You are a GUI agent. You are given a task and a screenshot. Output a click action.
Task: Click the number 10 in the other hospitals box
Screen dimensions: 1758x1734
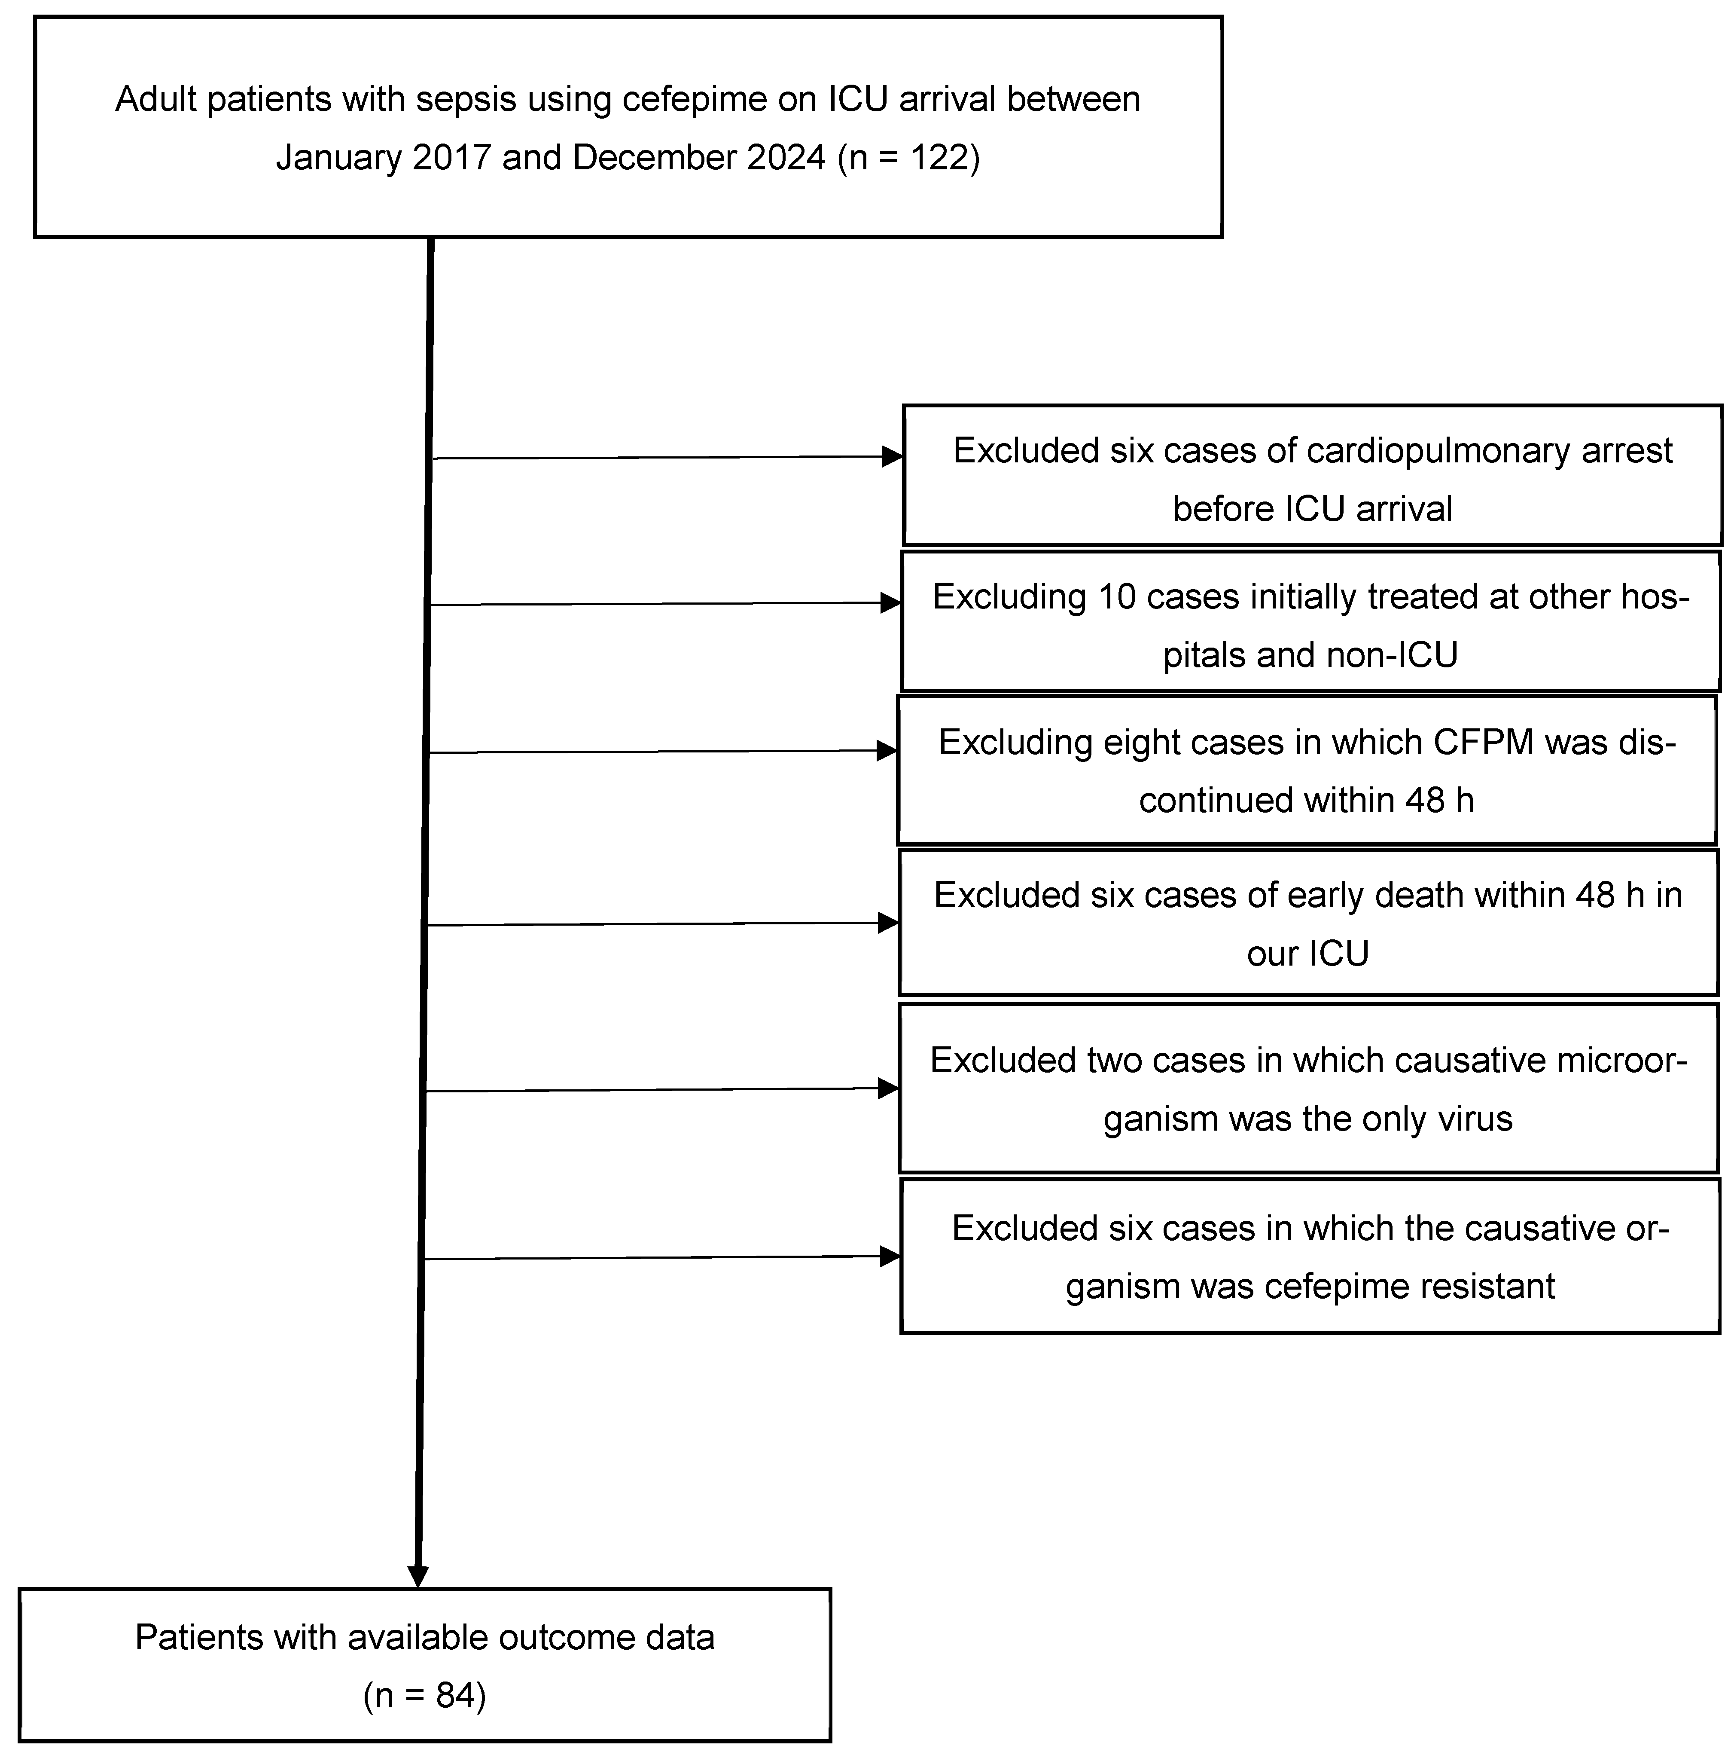[x=1118, y=597]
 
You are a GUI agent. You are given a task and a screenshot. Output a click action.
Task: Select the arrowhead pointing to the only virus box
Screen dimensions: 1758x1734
[x=888, y=1088]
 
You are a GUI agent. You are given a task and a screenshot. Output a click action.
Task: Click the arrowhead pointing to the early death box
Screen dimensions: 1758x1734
[x=888, y=923]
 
